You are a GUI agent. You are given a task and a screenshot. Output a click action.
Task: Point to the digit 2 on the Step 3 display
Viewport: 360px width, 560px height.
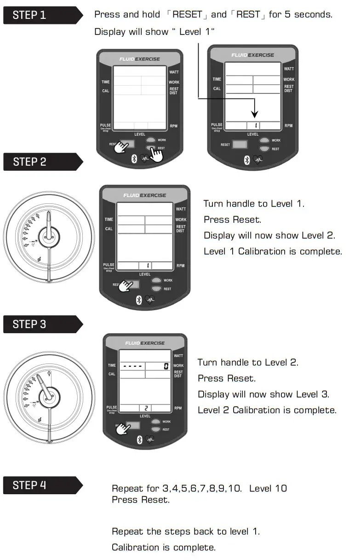(146, 408)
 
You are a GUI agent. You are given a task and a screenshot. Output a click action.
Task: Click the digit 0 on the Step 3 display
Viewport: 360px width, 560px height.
(166, 366)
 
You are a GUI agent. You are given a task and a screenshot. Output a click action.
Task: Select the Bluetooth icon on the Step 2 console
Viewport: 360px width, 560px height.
(138, 300)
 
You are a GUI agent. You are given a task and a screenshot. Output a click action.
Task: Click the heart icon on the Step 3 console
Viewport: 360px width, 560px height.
(150, 440)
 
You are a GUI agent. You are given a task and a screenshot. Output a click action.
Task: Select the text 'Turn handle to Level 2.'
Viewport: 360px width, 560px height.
(248, 363)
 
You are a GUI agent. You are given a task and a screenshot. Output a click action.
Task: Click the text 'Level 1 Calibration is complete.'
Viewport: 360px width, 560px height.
(273, 252)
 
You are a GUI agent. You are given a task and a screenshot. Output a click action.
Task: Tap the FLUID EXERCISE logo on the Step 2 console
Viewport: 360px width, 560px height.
(144, 196)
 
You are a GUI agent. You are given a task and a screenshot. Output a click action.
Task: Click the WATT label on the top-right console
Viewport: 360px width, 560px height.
(289, 69)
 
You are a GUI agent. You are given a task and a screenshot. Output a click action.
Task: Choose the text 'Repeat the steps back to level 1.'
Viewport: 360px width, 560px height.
(186, 531)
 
